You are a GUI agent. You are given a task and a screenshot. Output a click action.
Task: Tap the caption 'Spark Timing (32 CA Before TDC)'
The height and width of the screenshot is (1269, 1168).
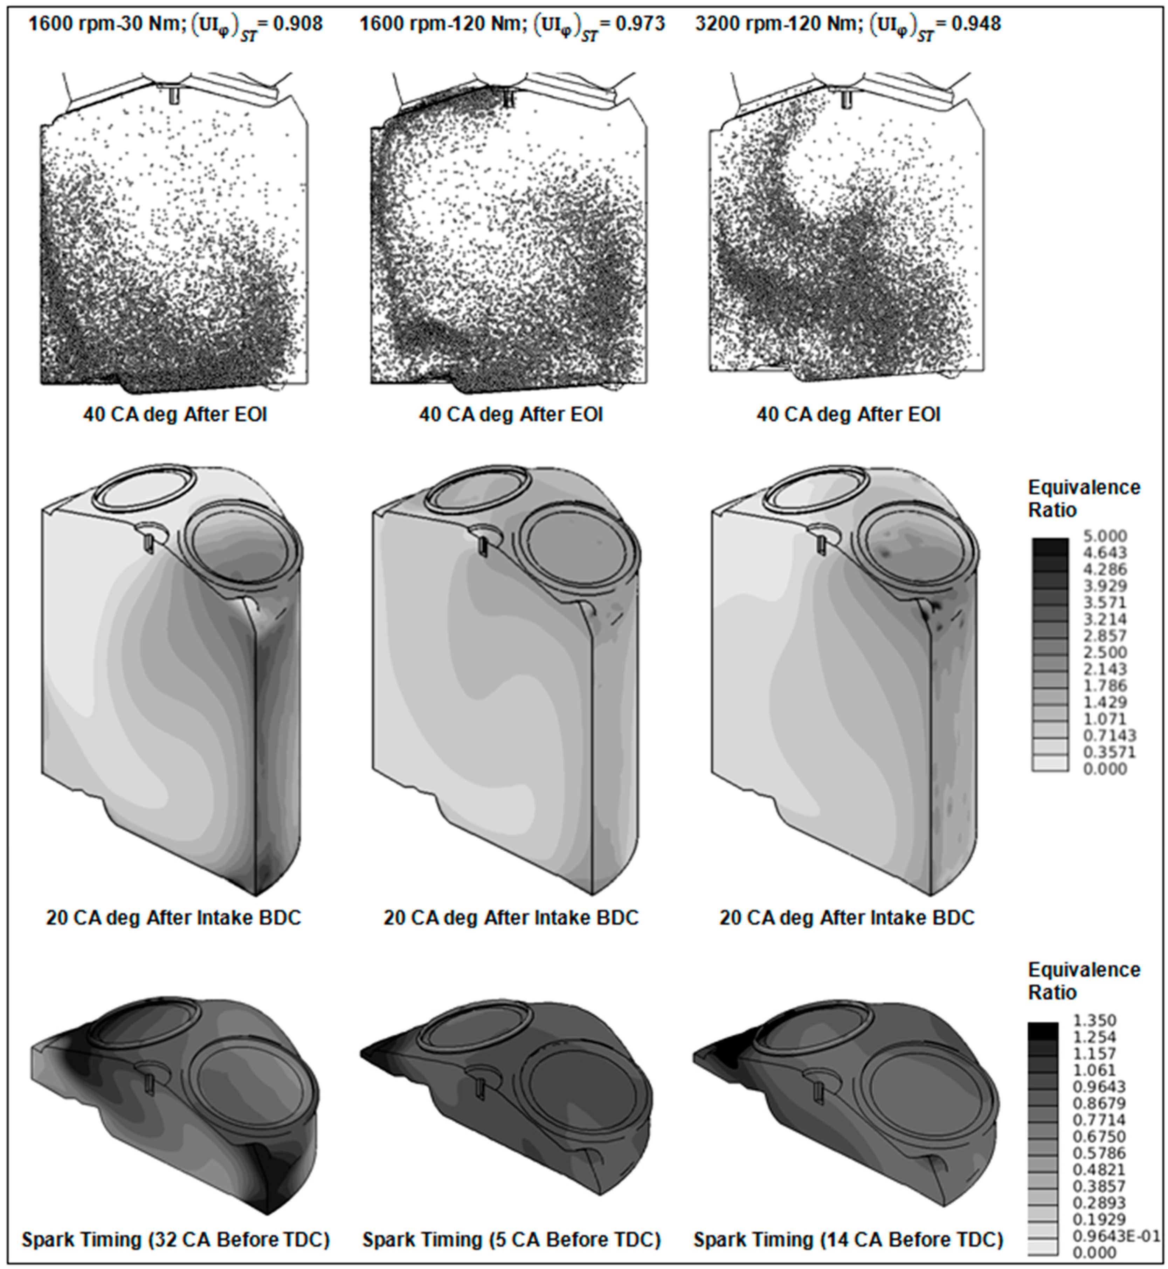176,1240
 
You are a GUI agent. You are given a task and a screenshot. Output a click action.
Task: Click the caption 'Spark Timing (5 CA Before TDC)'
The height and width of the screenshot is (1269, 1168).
511,1240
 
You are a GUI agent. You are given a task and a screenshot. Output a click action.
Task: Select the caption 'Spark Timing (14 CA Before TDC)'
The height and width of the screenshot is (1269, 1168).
848,1240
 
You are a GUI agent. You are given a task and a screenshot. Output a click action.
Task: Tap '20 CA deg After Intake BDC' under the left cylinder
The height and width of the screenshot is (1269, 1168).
174,918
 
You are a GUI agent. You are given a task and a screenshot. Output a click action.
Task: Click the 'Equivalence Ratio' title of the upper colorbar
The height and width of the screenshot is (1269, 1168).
1084,498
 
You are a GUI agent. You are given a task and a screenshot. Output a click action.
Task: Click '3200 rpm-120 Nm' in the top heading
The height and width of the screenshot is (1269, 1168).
779,24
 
